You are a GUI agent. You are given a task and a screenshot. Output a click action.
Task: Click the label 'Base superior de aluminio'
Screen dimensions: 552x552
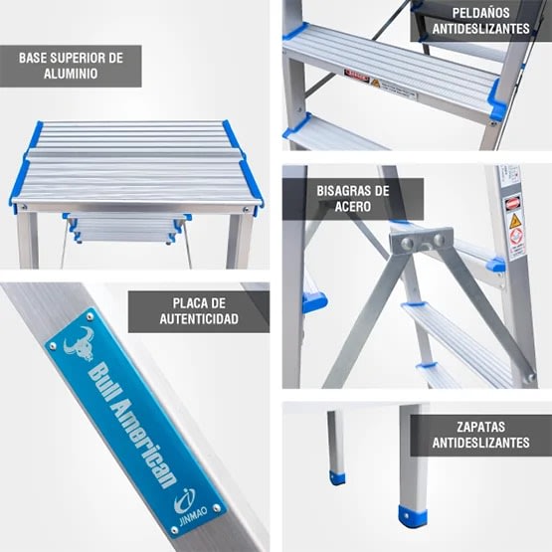click(71, 66)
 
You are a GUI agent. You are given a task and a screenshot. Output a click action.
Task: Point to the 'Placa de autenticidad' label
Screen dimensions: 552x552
click(198, 310)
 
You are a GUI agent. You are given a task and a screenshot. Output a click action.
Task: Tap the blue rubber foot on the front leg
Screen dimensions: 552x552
click(412, 516)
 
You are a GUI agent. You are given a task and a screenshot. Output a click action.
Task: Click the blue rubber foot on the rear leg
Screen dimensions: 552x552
click(338, 477)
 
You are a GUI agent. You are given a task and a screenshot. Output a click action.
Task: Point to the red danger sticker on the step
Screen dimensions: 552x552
click(357, 76)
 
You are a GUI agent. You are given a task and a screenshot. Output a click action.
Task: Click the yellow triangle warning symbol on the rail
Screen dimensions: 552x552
click(516, 222)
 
